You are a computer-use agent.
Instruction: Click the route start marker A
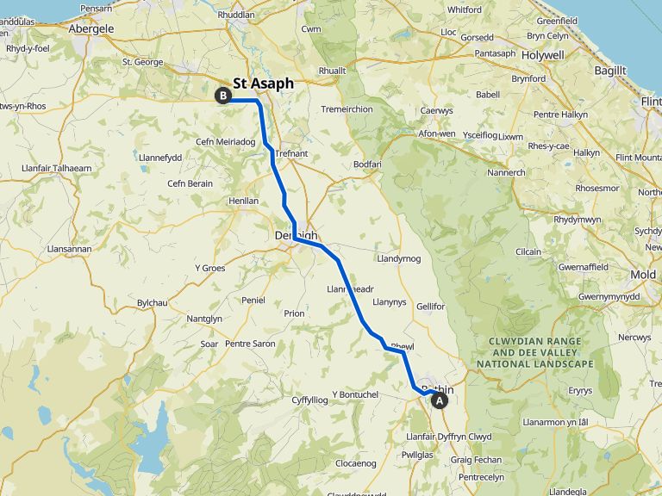click(440, 400)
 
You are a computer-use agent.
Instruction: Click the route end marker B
click(223, 96)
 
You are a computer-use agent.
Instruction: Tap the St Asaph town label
click(263, 84)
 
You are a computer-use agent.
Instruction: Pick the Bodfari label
click(367, 164)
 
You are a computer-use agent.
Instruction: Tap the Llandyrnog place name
click(398, 258)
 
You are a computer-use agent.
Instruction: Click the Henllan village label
click(243, 201)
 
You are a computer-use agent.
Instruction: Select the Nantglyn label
click(204, 319)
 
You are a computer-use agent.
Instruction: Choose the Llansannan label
click(69, 249)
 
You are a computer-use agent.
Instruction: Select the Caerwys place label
click(436, 110)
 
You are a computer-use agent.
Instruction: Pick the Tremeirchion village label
click(347, 109)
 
